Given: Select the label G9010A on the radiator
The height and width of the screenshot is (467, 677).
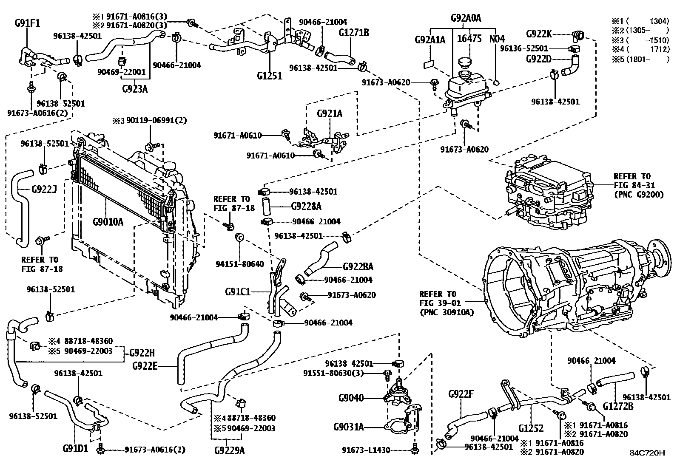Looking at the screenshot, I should [108, 221].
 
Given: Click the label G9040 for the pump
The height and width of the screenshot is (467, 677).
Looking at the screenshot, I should [351, 398].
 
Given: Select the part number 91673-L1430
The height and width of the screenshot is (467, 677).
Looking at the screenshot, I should [366, 450].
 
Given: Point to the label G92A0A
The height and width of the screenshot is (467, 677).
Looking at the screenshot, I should [466, 18].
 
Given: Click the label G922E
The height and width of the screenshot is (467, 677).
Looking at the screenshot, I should [145, 365].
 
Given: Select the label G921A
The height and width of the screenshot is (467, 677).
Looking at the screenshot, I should [330, 113].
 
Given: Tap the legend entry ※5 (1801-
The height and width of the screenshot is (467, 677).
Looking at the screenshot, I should [640, 59].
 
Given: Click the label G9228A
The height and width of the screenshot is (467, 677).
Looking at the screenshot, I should [306, 207].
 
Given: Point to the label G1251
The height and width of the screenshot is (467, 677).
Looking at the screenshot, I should [270, 76].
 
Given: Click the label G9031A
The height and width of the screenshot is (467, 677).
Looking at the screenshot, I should [349, 427].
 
